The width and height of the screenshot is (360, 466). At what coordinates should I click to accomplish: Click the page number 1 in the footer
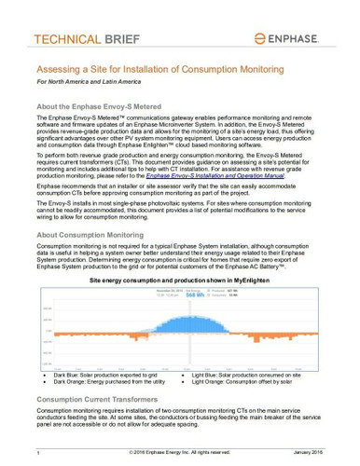tap(38, 451)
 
